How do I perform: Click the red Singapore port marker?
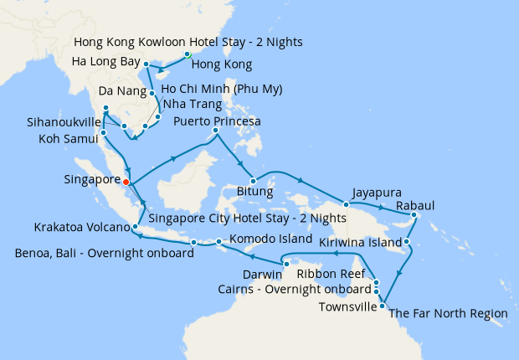(126, 181)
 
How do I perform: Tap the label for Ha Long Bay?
(105, 61)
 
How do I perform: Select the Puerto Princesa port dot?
(215, 130)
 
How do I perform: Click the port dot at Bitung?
(252, 179)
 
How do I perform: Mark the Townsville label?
(347, 306)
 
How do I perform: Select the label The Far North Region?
(449, 313)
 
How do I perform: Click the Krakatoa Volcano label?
(82, 227)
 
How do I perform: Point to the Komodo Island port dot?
(218, 243)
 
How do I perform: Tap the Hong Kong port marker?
(188, 54)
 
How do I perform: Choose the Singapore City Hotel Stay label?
(246, 218)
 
